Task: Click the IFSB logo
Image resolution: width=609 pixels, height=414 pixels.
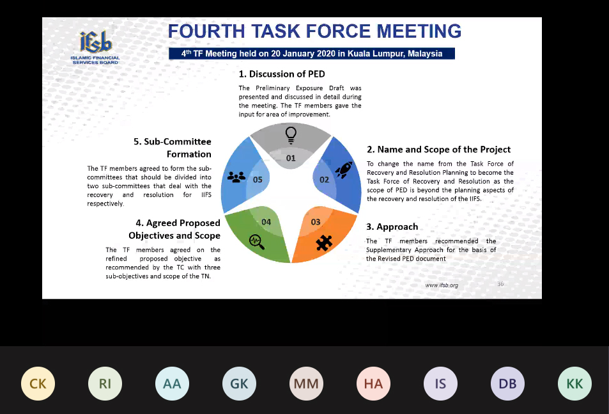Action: coord(95,47)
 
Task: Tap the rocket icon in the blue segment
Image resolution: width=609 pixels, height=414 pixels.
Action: coord(344,170)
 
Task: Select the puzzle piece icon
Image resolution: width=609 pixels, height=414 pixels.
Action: coord(324,243)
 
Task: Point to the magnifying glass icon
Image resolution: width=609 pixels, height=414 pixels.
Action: coord(257,242)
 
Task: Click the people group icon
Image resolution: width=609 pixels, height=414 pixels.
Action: coord(236,177)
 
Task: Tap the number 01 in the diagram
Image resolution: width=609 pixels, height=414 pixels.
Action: coord(291,158)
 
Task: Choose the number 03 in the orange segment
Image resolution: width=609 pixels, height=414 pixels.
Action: coord(316,222)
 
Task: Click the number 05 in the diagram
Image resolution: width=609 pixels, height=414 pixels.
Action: coord(258,180)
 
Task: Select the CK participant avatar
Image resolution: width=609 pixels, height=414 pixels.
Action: coord(38,384)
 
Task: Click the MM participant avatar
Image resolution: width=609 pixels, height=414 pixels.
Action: coord(306,384)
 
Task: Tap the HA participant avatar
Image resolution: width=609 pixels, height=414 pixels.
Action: coord(373,384)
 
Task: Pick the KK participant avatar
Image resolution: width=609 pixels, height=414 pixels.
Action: coord(575,384)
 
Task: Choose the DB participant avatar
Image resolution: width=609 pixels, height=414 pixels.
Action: coord(507,384)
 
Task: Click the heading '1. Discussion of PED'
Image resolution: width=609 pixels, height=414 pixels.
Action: coord(282,74)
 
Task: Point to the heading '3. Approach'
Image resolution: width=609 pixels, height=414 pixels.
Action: coord(392,227)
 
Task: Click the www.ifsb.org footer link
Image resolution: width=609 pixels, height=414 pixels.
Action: coord(442,285)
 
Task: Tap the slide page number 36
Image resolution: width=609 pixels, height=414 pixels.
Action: coord(500,284)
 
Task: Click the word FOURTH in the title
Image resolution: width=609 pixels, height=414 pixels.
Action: coord(206,31)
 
